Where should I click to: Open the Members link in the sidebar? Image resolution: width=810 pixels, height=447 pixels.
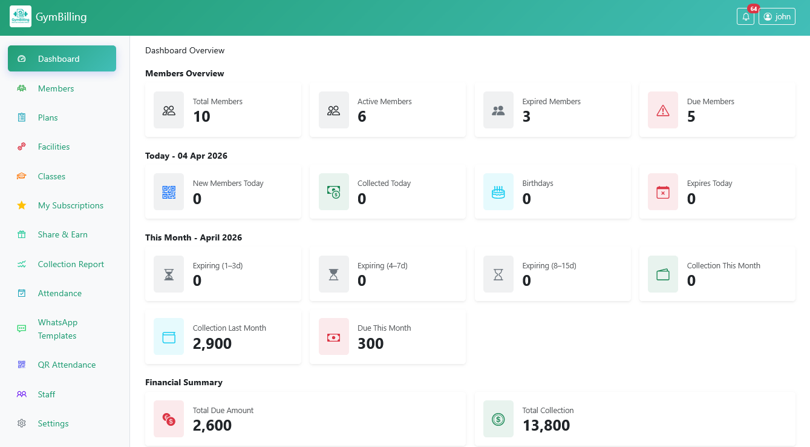point(56,88)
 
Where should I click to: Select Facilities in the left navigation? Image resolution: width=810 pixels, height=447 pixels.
point(53,147)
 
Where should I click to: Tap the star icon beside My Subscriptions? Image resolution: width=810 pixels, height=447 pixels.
point(22,205)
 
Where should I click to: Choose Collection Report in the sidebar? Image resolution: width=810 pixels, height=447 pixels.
point(71,264)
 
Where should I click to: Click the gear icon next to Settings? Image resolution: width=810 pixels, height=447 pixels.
point(22,423)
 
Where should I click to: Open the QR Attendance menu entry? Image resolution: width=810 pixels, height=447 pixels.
point(67,365)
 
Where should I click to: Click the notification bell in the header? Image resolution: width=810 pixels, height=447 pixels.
point(746,17)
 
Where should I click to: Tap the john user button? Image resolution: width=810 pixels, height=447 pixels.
point(777,17)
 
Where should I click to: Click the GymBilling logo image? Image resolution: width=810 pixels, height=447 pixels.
point(21,17)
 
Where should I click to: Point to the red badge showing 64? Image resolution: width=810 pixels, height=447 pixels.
point(753,8)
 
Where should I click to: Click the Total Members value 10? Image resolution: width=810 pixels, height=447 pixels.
point(201,117)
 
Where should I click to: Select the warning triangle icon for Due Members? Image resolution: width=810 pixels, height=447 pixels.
point(663,110)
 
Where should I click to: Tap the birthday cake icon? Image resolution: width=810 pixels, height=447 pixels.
point(498,193)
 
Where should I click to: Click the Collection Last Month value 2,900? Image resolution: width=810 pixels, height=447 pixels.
point(212,343)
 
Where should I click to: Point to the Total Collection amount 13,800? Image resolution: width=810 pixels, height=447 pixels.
point(546,426)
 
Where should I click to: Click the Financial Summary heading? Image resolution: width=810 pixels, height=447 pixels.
point(184,382)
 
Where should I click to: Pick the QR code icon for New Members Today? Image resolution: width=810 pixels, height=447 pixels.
point(169,193)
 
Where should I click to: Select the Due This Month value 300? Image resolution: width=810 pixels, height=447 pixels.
point(370,343)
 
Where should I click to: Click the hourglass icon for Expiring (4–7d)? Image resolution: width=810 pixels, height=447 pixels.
point(334,275)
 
